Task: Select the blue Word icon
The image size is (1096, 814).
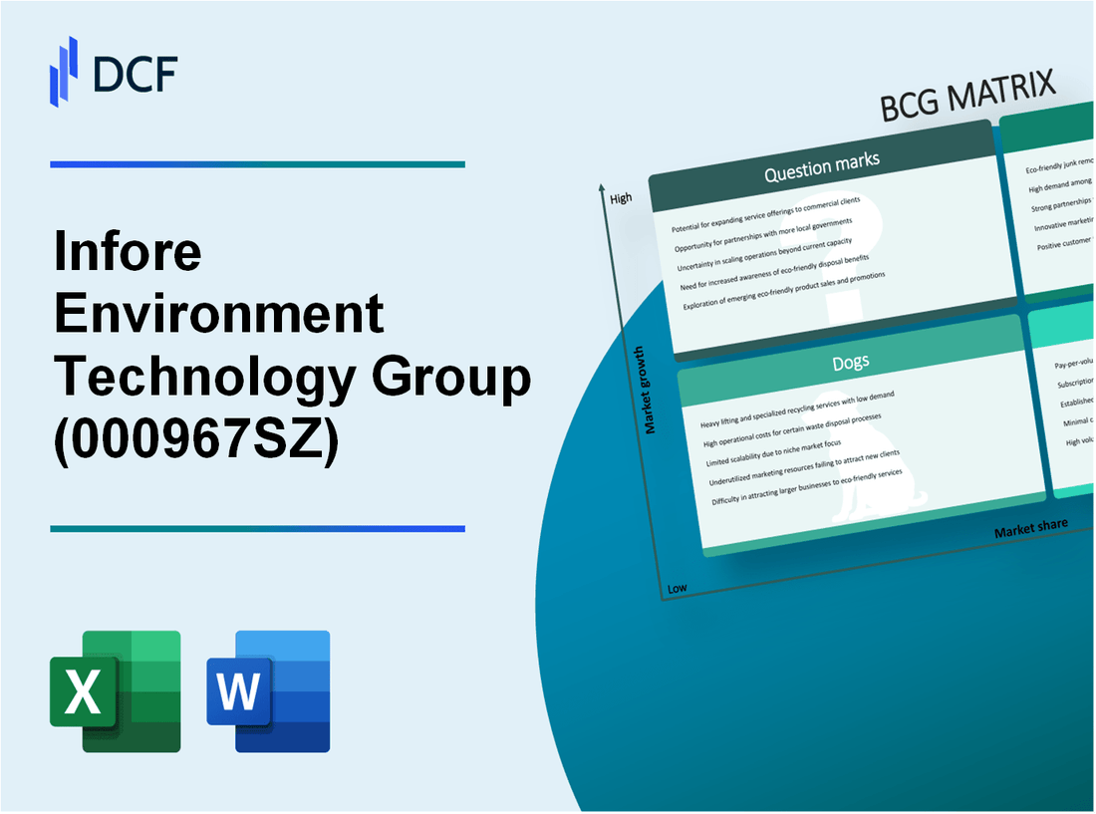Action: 269,690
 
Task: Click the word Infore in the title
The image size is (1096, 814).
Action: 128,253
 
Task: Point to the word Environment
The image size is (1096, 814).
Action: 219,315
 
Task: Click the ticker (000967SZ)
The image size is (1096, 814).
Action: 196,440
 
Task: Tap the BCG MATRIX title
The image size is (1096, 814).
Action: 967,98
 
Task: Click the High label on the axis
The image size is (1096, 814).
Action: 621,198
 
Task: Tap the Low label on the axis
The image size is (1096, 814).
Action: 677,588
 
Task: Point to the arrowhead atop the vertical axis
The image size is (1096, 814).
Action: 603,187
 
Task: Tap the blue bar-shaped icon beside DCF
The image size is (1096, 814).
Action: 64,71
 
